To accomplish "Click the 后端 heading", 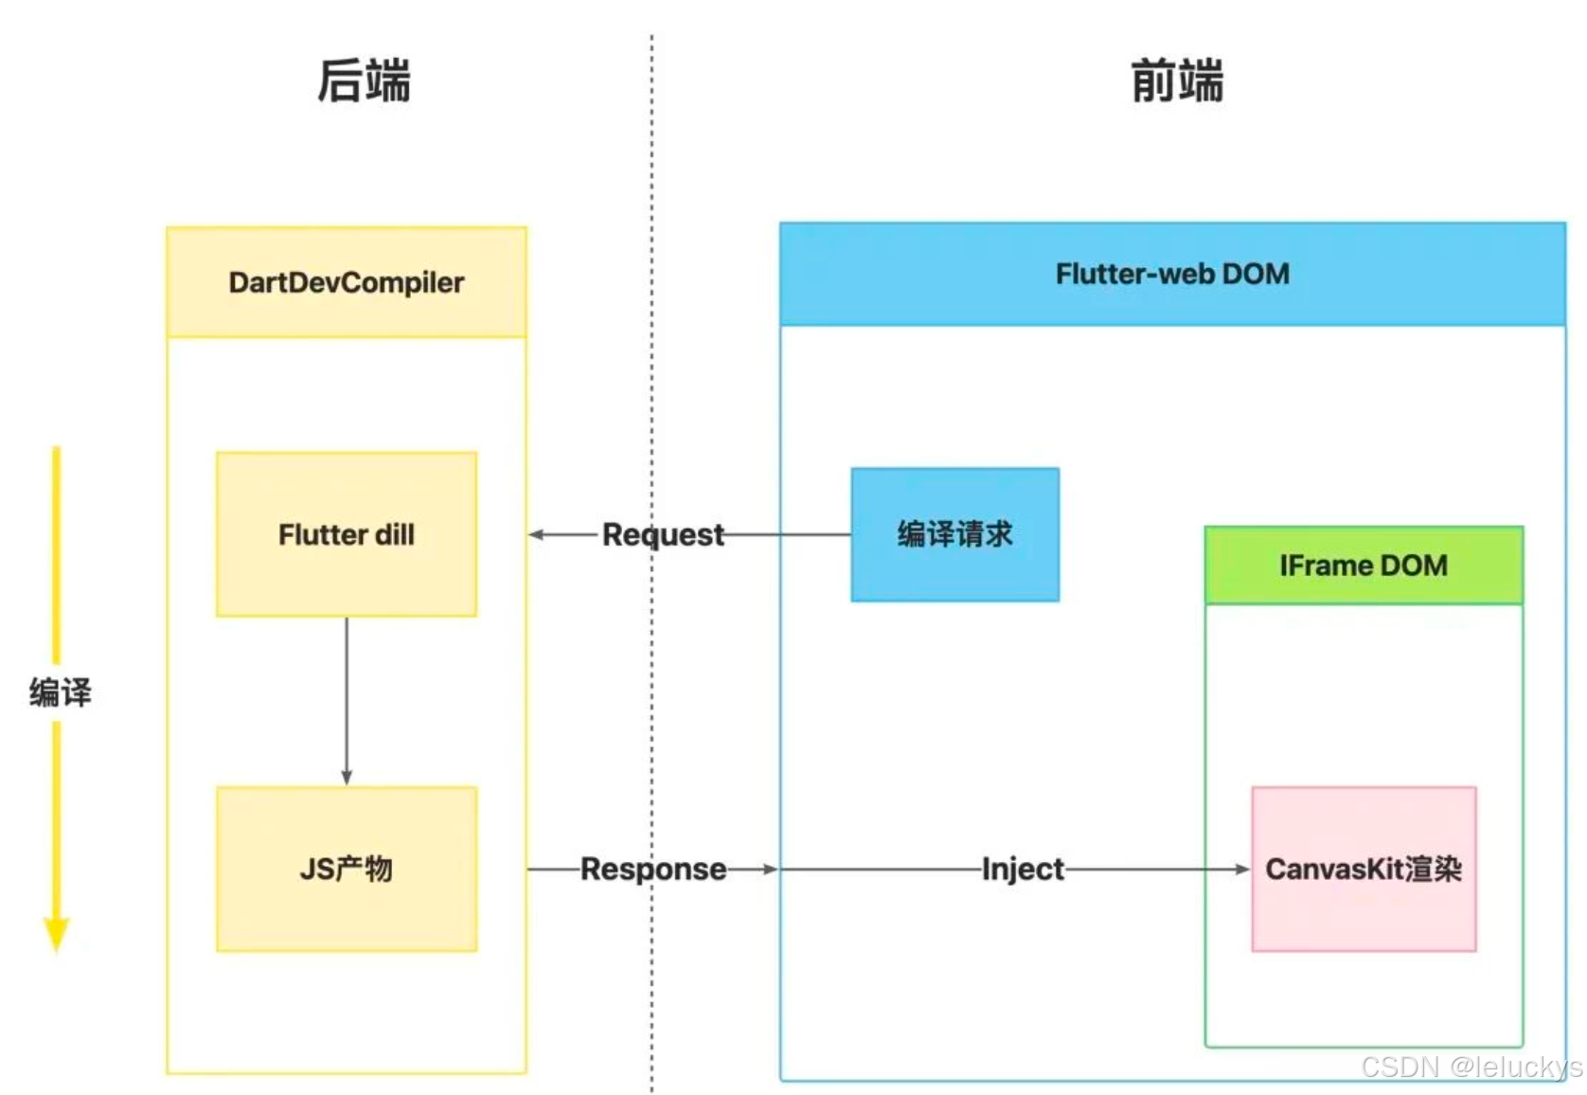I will pyautogui.click(x=364, y=81).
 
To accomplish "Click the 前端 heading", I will pyautogui.click(x=1177, y=81).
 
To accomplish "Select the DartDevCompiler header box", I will pyautogui.click(x=347, y=282).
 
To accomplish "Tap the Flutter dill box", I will pyautogui.click(x=347, y=534).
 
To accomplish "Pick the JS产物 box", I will pyautogui.click(x=347, y=869).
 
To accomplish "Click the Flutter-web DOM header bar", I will pyautogui.click(x=1172, y=274).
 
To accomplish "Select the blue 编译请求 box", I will pyautogui.click(x=954, y=534).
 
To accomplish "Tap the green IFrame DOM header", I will pyautogui.click(x=1364, y=565).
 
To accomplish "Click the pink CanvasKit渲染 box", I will pyautogui.click(x=1364, y=869).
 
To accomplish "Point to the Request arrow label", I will pyautogui.click(x=663, y=534).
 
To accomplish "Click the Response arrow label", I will pyautogui.click(x=653, y=869).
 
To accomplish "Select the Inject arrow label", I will pyautogui.click(x=1023, y=869).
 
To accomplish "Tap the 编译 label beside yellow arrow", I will pyautogui.click(x=60, y=692).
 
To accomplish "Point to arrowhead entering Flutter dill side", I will pyautogui.click(x=536, y=534).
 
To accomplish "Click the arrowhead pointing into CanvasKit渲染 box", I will pyautogui.click(x=1242, y=869).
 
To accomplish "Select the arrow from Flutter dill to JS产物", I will pyautogui.click(x=347, y=701).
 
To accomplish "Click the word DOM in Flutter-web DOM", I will pyautogui.click(x=1255, y=274).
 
